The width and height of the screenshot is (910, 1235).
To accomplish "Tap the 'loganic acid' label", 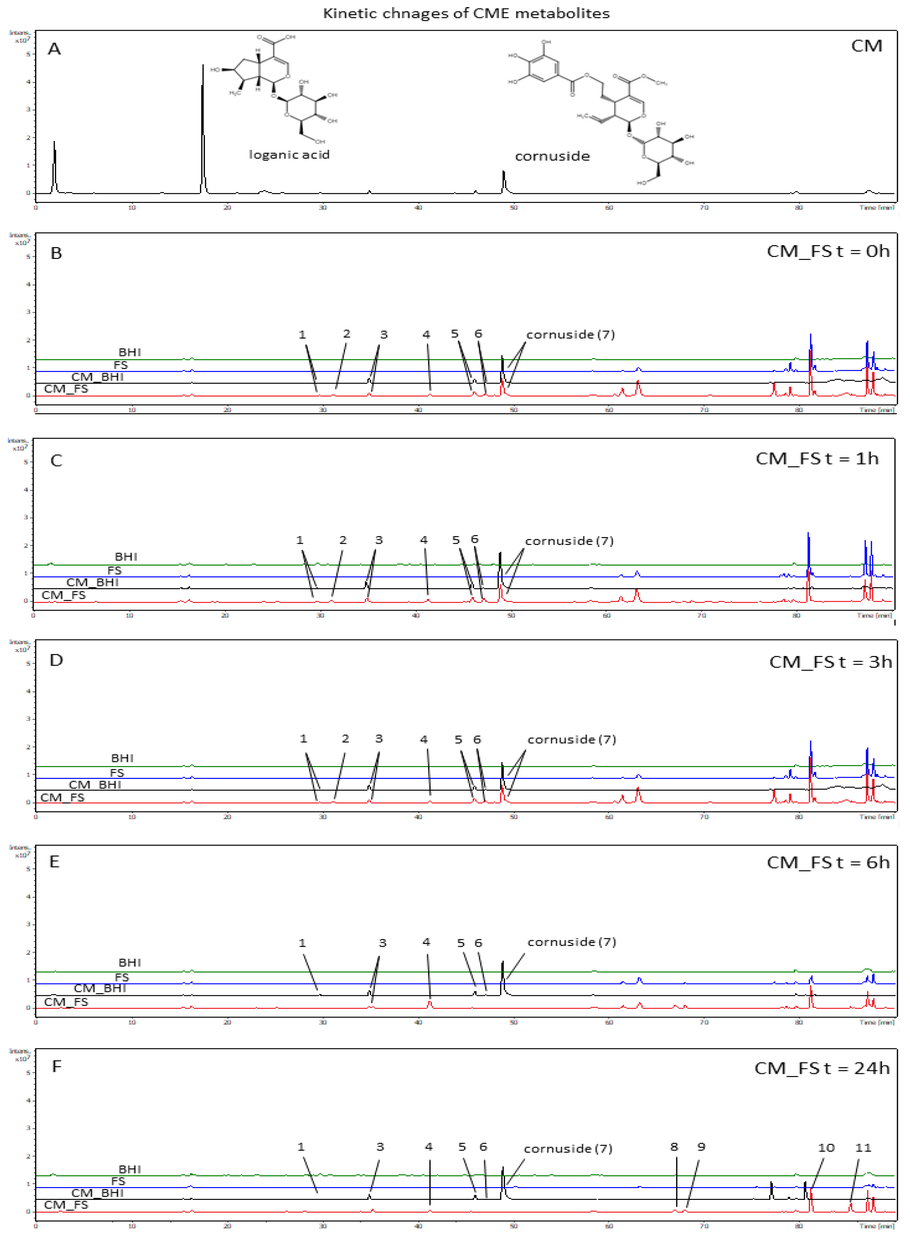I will tap(289, 155).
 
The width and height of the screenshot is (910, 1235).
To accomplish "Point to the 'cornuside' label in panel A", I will tap(552, 156).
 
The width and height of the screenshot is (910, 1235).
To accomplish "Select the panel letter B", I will tap(56, 254).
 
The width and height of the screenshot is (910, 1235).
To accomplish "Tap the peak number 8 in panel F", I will tap(674, 1147).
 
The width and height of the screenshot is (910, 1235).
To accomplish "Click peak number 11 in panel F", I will tap(863, 1148).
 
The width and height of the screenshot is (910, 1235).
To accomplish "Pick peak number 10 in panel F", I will tap(826, 1148).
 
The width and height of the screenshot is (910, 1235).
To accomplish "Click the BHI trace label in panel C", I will tap(126, 557).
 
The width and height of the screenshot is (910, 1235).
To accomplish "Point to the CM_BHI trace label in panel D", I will tap(95, 785).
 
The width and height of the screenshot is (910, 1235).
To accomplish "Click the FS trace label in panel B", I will tap(120, 365).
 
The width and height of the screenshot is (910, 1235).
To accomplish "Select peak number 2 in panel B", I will tap(346, 334).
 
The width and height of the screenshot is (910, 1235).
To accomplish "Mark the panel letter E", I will tap(54, 862).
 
